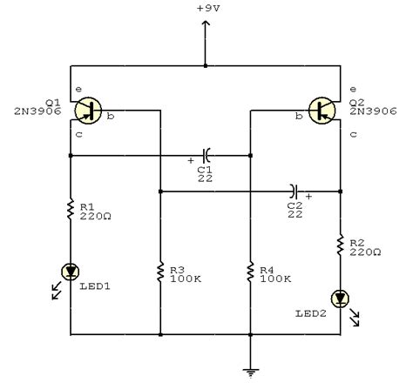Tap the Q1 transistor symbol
pos(88,110)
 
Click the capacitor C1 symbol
pos(206,156)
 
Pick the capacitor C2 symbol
pos(296,189)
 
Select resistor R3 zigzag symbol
pos(160,272)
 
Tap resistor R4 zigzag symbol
pos(250,272)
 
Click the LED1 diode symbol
pos(68,272)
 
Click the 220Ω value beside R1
pos(93,218)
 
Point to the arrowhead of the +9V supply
pos(206,24)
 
